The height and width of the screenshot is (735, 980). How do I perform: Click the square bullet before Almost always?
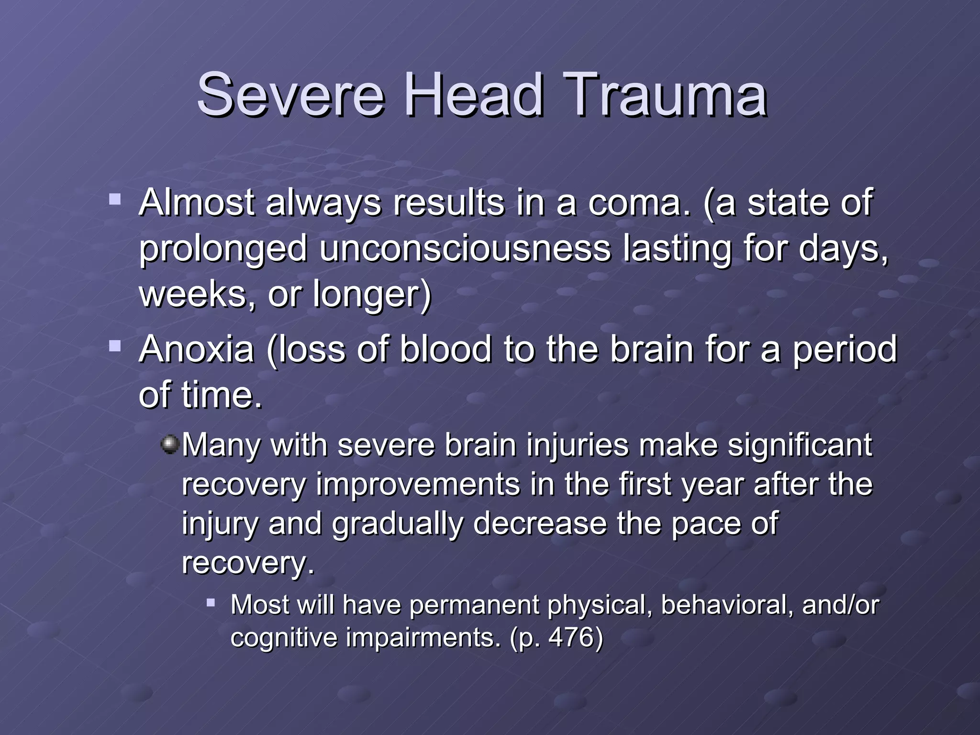[115, 199]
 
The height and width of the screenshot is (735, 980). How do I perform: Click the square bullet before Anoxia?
[115, 345]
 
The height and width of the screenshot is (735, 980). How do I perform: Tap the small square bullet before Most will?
[211, 602]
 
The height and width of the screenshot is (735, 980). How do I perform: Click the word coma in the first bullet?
[639, 203]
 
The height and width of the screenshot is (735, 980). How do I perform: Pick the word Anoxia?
[196, 349]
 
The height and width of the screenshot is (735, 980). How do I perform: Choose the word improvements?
[418, 485]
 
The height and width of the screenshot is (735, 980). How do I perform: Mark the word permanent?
[474, 605]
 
